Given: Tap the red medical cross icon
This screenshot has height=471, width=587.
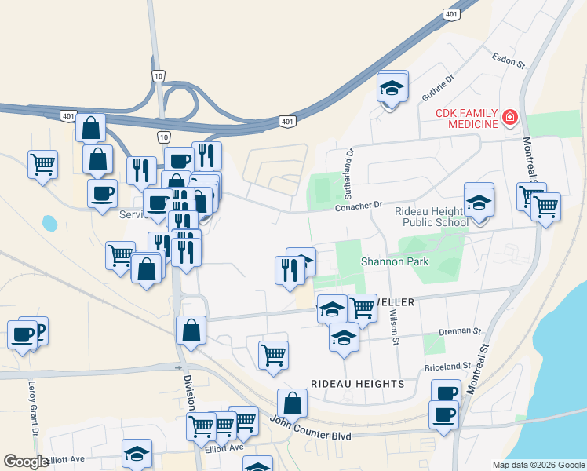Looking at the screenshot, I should [x=510, y=119].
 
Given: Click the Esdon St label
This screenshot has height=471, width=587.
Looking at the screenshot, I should [x=507, y=57].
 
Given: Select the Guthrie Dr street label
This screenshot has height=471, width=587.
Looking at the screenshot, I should [x=438, y=88].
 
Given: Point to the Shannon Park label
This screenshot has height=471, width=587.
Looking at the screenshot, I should [x=395, y=261].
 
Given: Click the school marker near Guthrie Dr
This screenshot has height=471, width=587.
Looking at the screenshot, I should [x=392, y=88].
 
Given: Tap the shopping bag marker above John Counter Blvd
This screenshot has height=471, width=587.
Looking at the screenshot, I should [x=292, y=403].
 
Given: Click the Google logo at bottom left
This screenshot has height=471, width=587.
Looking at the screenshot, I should [x=25, y=462].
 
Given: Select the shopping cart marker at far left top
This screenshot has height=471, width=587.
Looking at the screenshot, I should [x=42, y=165].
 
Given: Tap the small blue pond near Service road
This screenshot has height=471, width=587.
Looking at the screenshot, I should [x=49, y=222].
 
